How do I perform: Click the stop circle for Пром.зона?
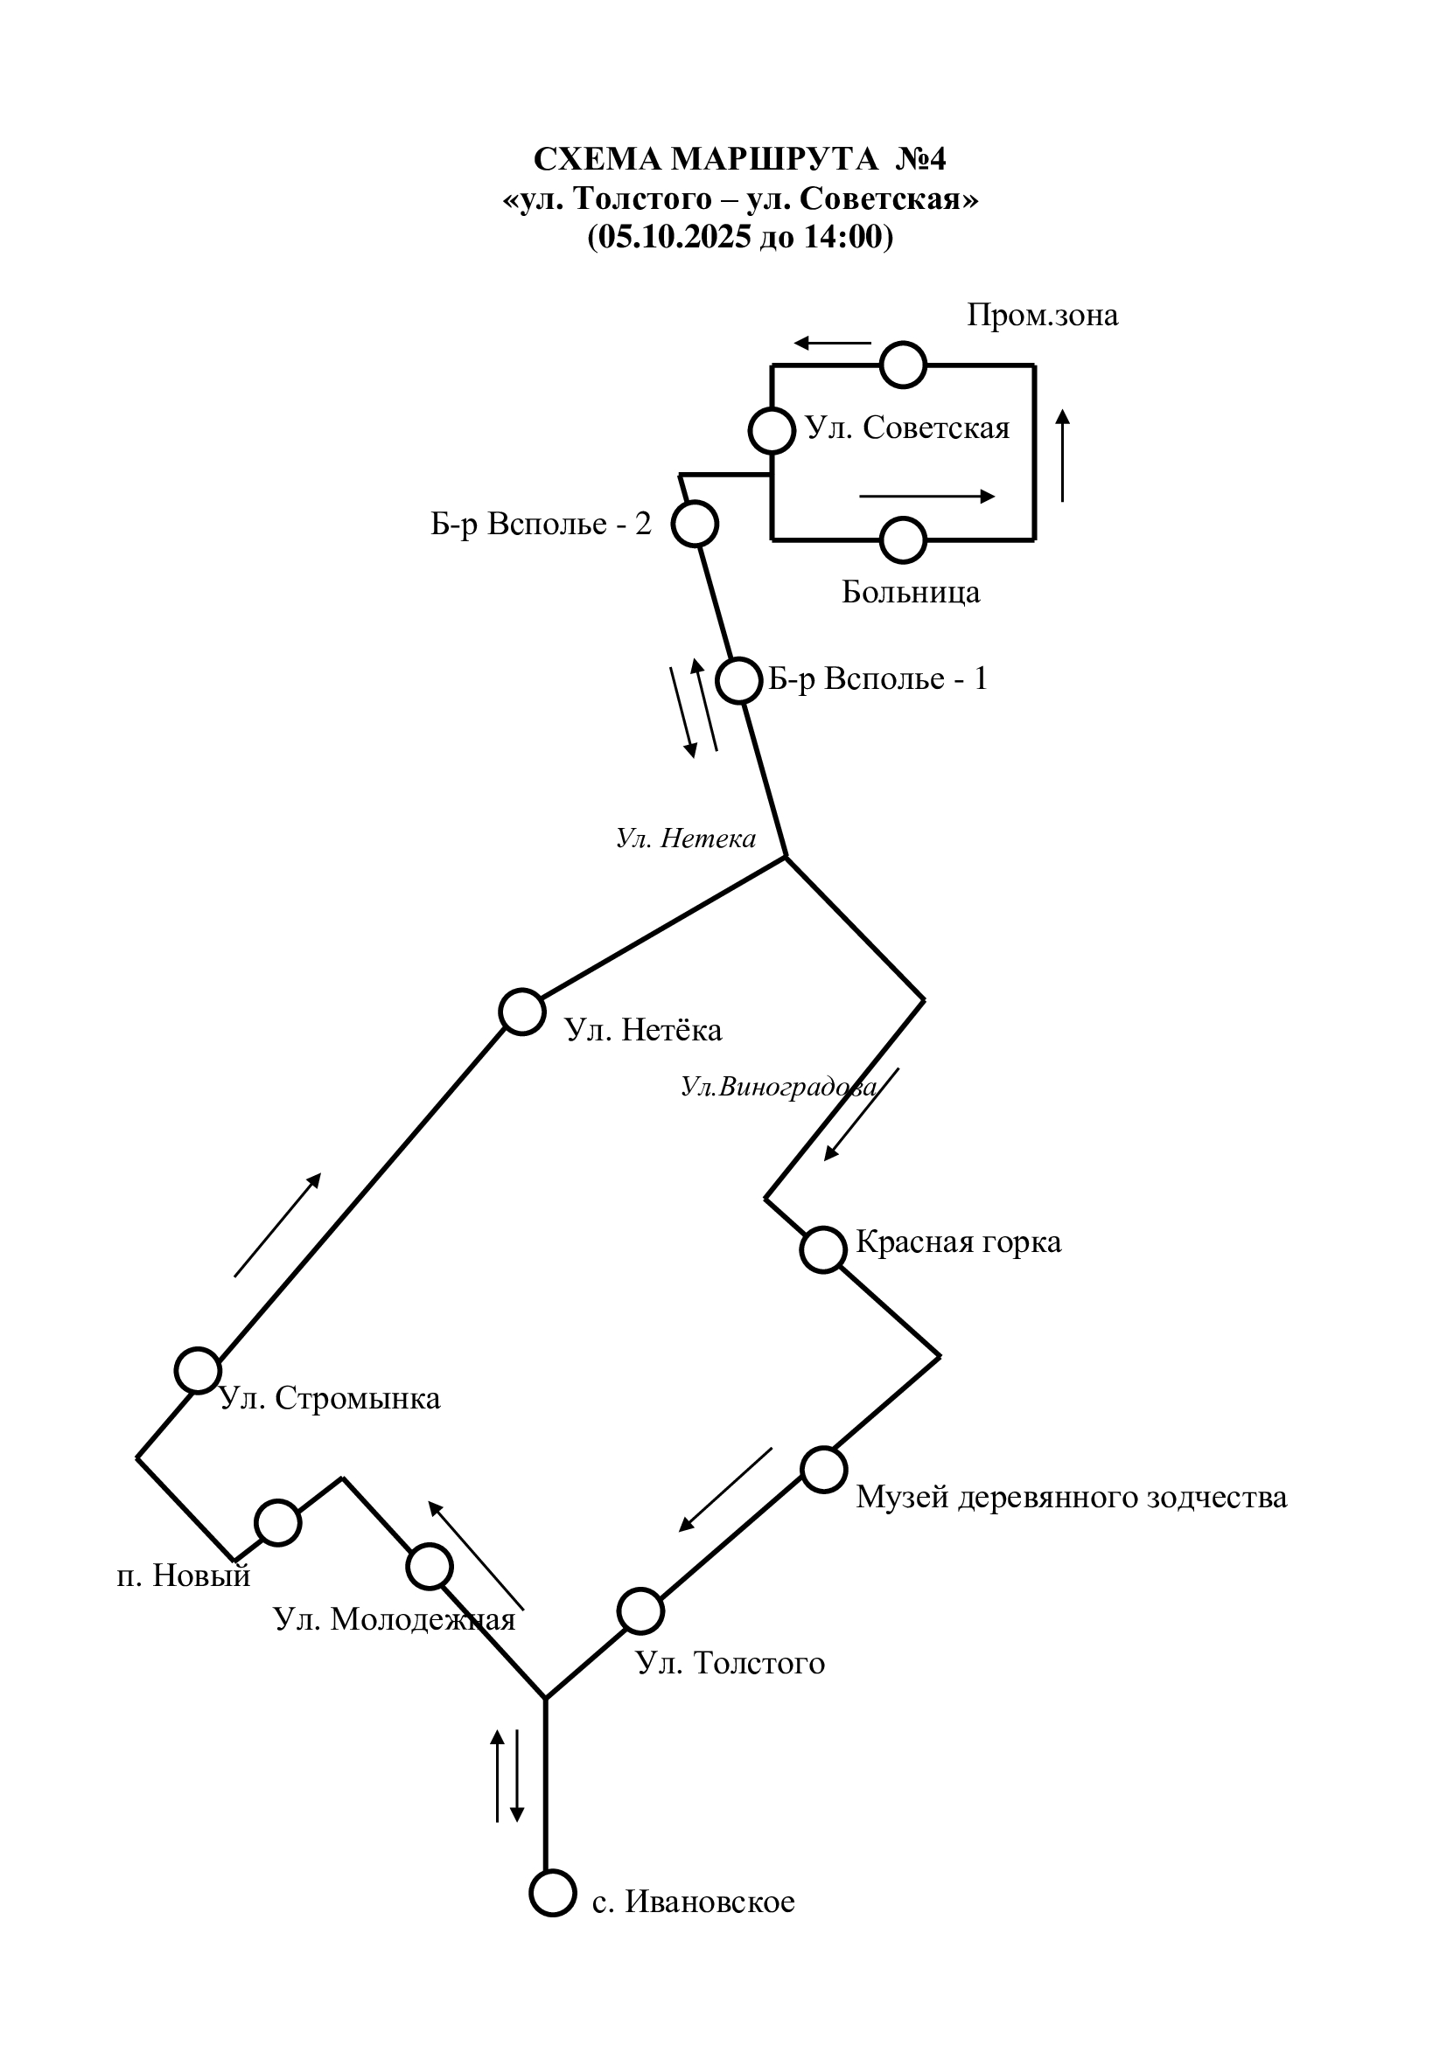[x=903, y=365]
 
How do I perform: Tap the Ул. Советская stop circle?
[x=771, y=431]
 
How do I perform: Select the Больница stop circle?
[x=903, y=539]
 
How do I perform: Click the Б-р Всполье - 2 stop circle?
[x=694, y=524]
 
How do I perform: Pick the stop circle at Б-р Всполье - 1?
[x=739, y=682]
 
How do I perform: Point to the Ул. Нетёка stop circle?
[x=522, y=1012]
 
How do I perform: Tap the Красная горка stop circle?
[x=823, y=1249]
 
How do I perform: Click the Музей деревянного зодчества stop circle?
[x=823, y=1470]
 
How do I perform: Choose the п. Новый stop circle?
[x=278, y=1523]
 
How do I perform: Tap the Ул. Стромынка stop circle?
[x=198, y=1370]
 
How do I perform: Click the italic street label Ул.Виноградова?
[x=779, y=1087]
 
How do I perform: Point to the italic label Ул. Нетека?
[x=686, y=838]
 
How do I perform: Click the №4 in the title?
[x=920, y=159]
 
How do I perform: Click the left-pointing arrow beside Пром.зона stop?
[x=832, y=343]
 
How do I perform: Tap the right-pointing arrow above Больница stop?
[x=926, y=497]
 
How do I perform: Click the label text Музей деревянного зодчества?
[x=1071, y=1497]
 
